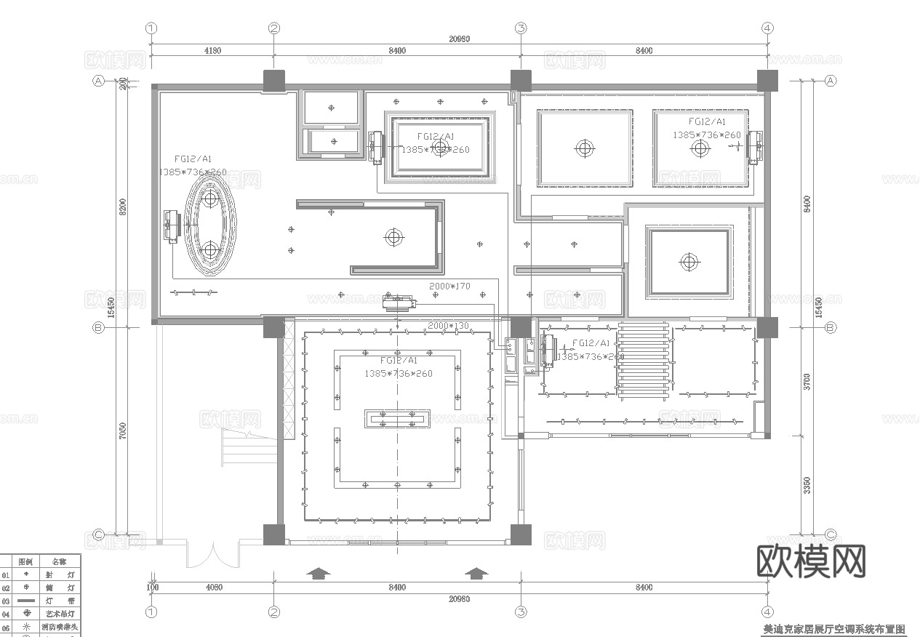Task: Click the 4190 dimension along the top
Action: point(212,51)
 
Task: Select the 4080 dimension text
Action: point(215,587)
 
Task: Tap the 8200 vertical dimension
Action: point(123,207)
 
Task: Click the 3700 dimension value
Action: point(807,380)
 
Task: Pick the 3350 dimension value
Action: point(807,486)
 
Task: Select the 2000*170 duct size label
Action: point(449,287)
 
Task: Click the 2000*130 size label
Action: point(449,326)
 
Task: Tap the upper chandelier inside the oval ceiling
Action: point(211,199)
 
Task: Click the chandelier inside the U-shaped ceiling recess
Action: point(394,236)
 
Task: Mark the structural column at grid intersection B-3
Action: point(521,327)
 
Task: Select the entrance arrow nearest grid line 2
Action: point(317,573)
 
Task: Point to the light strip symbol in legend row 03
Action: point(26,601)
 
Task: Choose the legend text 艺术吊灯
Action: point(60,614)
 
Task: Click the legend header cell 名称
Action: point(59,561)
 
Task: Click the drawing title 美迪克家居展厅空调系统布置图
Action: point(833,630)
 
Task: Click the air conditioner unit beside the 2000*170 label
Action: point(398,300)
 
